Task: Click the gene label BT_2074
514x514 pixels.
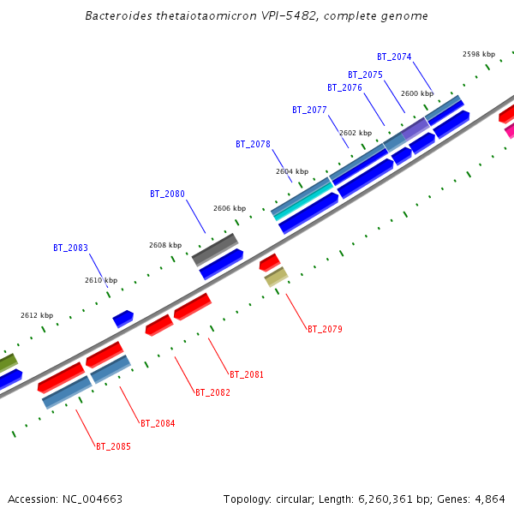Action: tap(394, 57)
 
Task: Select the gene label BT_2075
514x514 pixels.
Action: tap(365, 75)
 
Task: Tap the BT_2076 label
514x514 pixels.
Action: tap(344, 88)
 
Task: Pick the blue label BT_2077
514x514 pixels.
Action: tap(309, 111)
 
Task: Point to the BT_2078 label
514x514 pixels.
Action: tap(253, 145)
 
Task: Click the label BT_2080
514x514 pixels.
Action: tap(167, 194)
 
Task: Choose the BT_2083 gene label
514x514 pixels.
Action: tap(70, 248)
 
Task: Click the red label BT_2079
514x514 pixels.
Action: tap(325, 330)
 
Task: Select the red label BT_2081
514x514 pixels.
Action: tap(247, 375)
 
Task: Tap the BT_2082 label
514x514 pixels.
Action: tap(212, 393)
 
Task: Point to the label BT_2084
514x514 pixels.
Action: tap(158, 424)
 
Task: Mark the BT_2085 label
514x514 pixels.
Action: tap(113, 447)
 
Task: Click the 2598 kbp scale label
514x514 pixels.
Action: tap(479, 54)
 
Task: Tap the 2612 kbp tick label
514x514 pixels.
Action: tap(37, 316)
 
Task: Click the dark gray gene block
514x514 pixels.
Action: tap(215, 249)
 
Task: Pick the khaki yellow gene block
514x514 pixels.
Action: tap(276, 277)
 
